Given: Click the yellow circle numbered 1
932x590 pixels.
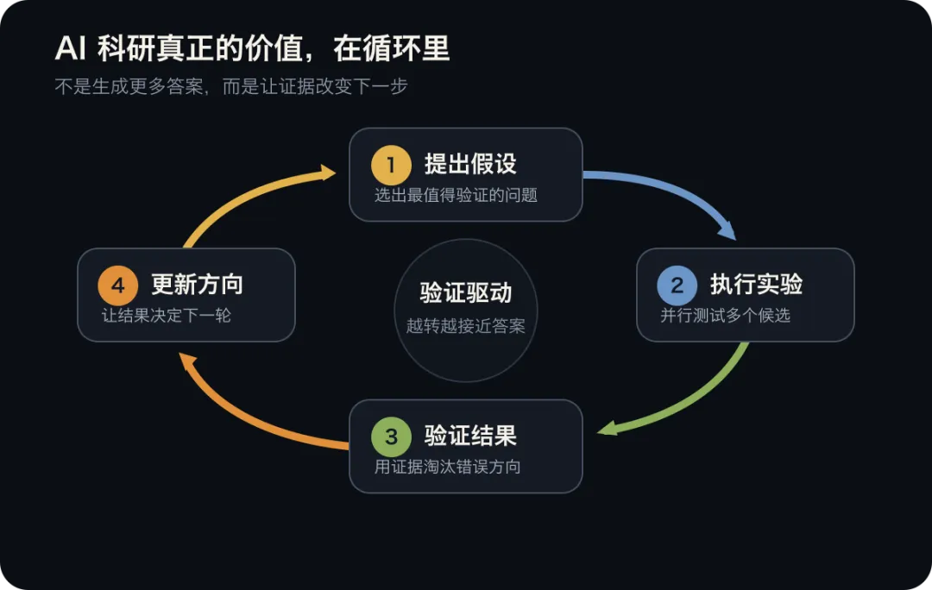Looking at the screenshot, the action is tap(391, 165).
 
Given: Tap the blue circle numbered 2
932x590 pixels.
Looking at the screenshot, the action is tap(677, 286).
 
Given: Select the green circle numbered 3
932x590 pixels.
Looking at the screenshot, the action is tap(391, 436).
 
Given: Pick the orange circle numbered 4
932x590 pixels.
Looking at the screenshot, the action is tap(117, 286).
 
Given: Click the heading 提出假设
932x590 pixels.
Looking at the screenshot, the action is tap(470, 164).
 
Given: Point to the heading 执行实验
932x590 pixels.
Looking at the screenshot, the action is tap(756, 284).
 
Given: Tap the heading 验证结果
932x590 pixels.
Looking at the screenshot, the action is tap(470, 436).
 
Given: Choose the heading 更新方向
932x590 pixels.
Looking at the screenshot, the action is tap(197, 284).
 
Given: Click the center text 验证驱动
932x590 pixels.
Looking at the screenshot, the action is tap(465, 292).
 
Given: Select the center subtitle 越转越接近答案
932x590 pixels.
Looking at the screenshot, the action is tap(465, 325).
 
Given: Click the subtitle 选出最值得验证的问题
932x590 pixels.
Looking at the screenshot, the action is tap(456, 195).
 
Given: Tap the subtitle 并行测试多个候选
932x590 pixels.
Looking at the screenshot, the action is tap(725, 315).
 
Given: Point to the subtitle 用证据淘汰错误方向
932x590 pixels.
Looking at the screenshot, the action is tap(448, 467).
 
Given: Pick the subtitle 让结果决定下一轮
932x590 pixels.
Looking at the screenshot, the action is tap(167, 315).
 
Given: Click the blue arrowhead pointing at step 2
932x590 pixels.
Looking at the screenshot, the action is tap(727, 229).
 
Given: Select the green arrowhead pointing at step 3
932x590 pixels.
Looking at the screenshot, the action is tap(607, 428).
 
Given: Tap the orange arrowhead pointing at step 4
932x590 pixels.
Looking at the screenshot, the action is tap(188, 361).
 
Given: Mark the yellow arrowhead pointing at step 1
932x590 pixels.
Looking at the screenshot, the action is tap(328, 173).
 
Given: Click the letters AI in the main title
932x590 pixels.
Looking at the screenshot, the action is tap(71, 48).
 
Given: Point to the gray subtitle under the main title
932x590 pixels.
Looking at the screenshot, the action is tap(231, 87).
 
